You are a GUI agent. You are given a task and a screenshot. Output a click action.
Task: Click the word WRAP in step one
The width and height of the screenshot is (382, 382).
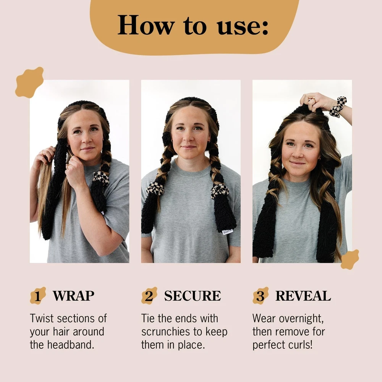coord(73,296)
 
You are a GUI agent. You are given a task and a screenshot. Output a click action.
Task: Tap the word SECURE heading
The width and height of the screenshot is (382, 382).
coord(193,296)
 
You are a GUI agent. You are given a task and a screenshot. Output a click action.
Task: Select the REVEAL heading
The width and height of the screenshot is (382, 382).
coord(303,296)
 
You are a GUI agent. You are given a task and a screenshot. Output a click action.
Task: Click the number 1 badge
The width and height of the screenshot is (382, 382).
coord(38,296)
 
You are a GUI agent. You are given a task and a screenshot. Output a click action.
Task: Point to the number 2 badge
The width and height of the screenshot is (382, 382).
coord(149,296)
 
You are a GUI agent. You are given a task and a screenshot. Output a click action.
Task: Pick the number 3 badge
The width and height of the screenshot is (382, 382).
coord(261,296)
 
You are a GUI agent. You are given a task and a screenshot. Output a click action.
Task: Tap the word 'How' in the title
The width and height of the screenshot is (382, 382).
coord(146,25)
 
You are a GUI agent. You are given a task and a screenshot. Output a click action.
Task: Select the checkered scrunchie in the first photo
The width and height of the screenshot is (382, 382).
coord(100,178)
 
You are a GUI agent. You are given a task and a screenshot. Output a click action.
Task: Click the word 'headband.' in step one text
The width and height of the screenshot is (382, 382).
coord(70,345)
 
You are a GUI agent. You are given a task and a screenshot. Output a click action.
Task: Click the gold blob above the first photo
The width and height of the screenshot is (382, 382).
coord(29,83)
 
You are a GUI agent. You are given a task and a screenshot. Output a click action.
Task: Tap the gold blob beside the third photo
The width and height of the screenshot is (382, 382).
coord(350,259)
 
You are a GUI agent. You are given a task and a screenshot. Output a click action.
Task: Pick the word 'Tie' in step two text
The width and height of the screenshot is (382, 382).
coord(148,319)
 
